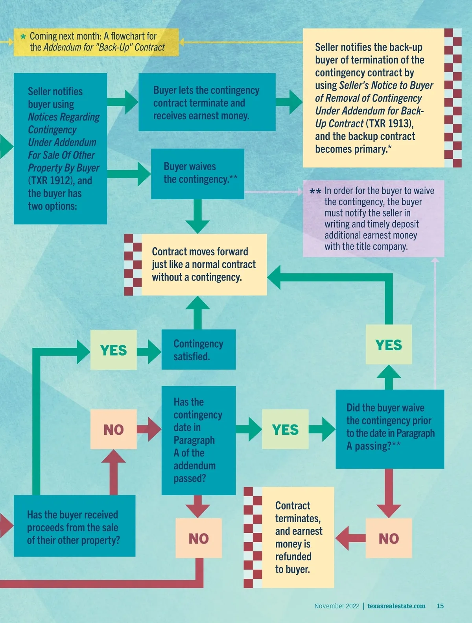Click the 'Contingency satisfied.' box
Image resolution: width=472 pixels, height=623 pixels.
pyautogui.click(x=199, y=350)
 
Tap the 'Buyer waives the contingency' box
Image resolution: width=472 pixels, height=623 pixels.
pyautogui.click(x=197, y=173)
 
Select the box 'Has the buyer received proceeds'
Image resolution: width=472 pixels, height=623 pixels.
pyautogui.click(x=74, y=526)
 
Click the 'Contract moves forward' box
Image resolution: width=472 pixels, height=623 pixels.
pyautogui.click(x=204, y=264)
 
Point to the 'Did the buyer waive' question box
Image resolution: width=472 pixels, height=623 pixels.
pyautogui.click(x=390, y=428)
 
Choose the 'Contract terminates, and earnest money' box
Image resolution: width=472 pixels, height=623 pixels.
pyautogui.click(x=298, y=537)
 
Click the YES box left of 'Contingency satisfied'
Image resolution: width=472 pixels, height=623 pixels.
pyautogui.click(x=113, y=350)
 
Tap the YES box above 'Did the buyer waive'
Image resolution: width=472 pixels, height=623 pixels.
pyautogui.click(x=389, y=345)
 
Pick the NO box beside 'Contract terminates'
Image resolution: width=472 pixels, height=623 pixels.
pyautogui.click(x=389, y=538)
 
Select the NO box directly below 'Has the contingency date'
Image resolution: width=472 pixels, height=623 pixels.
pyautogui.click(x=199, y=538)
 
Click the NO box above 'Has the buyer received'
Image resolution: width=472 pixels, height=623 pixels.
pyautogui.click(x=113, y=429)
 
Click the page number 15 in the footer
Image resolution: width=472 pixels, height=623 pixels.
pyautogui.click(x=440, y=606)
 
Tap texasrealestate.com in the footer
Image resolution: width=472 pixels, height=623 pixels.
pyautogui.click(x=396, y=606)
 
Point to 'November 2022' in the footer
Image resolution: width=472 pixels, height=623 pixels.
pyautogui.click(x=337, y=606)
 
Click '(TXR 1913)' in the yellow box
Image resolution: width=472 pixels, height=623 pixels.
pyautogui.click(x=389, y=124)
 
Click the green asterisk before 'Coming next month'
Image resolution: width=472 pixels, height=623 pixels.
pyautogui.click(x=23, y=37)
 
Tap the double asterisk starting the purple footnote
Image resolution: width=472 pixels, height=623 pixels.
pyautogui.click(x=315, y=191)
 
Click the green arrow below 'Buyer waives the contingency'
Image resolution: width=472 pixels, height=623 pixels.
pyautogui.click(x=197, y=217)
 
